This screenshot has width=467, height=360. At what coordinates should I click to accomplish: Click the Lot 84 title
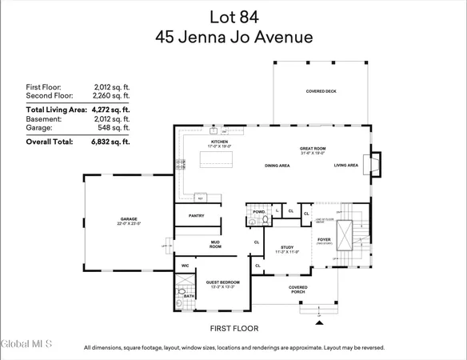(233, 17)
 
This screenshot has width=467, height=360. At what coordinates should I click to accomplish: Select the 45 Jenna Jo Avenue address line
(233, 36)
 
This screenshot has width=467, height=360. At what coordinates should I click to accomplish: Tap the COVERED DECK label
(321, 91)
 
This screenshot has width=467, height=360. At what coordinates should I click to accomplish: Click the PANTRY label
(197, 215)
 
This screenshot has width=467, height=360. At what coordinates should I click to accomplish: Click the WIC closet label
(185, 266)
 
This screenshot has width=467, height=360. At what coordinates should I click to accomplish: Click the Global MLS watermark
(26, 344)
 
